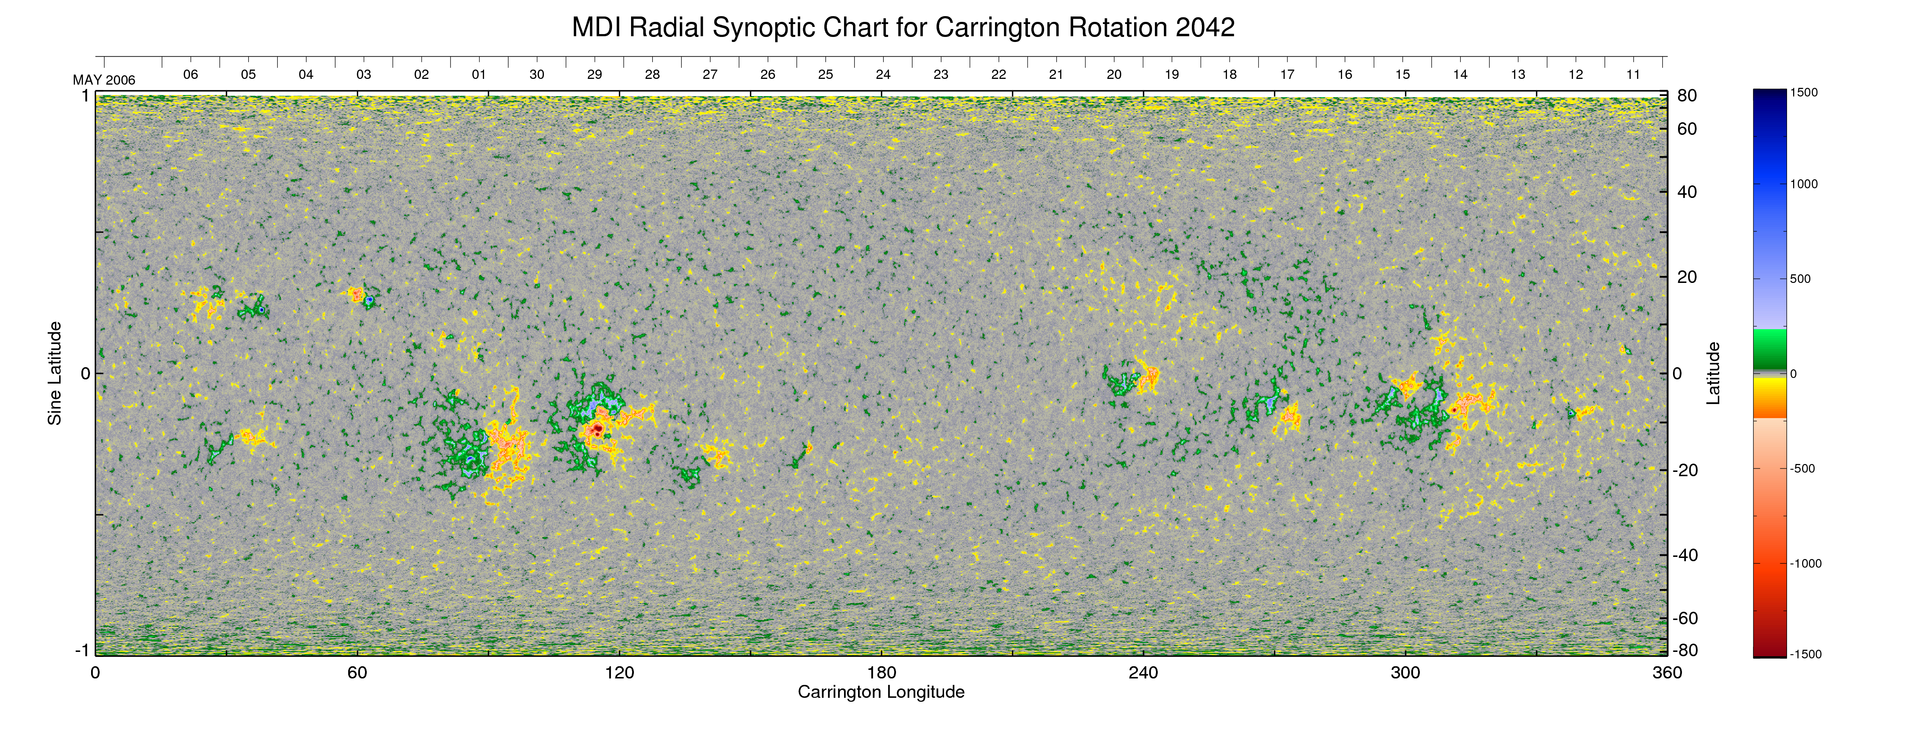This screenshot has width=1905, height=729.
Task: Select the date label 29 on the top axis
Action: (x=594, y=75)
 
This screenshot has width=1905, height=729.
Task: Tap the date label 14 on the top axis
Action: (x=1460, y=75)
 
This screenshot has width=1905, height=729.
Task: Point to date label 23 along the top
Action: (x=941, y=75)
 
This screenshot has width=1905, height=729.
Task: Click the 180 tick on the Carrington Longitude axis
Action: (x=881, y=673)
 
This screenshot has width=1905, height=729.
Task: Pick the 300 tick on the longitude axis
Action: (x=1405, y=673)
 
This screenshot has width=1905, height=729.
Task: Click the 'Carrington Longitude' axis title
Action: (x=881, y=692)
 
